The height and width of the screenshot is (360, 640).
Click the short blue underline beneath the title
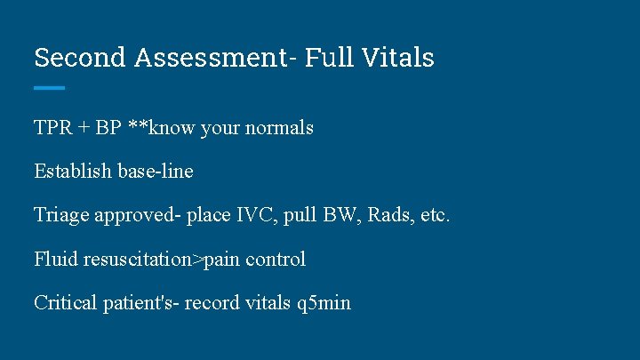50,87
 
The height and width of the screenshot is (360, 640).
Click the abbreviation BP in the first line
108,128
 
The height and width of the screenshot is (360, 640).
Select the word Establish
73,172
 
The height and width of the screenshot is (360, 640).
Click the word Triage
61,215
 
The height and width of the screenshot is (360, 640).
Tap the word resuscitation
139,260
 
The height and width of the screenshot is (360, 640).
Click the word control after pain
276,260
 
